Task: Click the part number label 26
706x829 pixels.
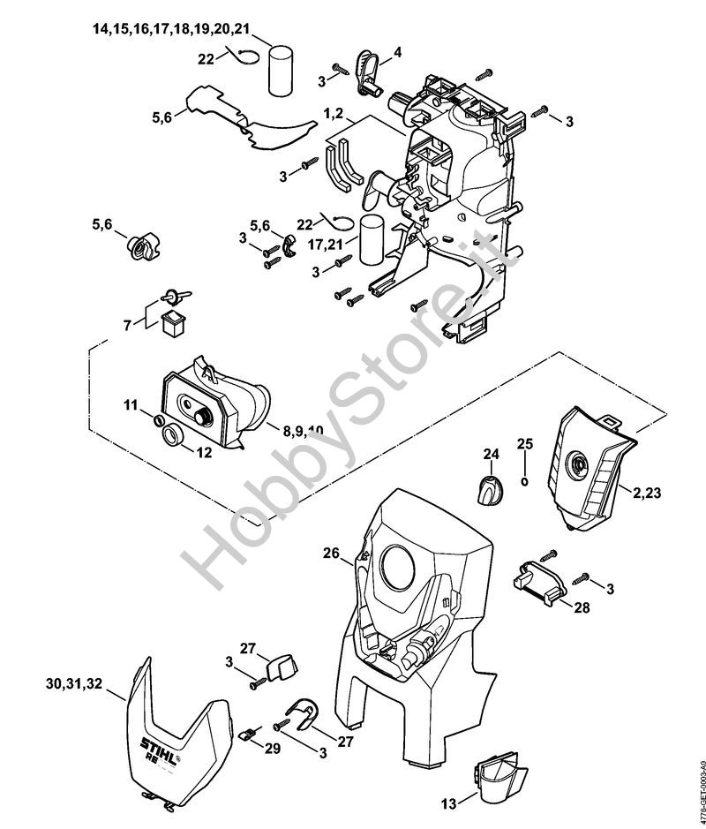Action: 331,554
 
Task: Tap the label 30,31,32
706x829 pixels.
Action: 73,683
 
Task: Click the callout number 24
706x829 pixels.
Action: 491,454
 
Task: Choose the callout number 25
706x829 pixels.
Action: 525,443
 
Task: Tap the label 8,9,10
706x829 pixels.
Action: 302,430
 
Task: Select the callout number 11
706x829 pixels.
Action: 131,405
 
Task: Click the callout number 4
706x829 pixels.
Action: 397,53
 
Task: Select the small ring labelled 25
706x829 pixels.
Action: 525,482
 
